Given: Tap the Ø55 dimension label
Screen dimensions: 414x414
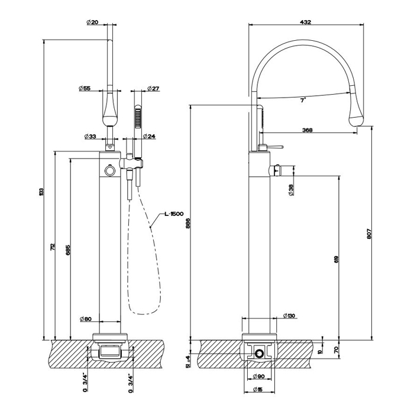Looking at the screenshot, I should click(x=84, y=89).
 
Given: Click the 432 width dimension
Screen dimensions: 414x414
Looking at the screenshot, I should click(x=305, y=22).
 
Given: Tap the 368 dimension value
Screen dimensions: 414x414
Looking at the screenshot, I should click(x=308, y=130).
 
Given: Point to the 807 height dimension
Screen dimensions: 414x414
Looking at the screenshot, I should click(x=369, y=235).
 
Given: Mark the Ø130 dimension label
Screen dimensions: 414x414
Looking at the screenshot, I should click(x=289, y=315).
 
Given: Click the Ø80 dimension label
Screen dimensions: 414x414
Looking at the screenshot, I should click(x=85, y=319).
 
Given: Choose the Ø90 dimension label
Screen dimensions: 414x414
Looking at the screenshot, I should click(x=260, y=376).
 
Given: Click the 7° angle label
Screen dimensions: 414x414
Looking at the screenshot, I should click(x=302, y=101).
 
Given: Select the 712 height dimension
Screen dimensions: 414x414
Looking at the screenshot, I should click(x=53, y=247).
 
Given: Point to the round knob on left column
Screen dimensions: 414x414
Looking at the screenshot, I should click(x=109, y=171).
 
